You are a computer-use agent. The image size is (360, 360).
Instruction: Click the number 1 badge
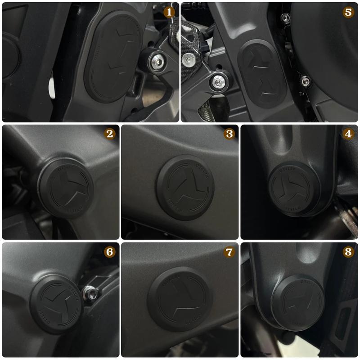[170, 12]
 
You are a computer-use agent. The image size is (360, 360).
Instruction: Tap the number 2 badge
[109, 134]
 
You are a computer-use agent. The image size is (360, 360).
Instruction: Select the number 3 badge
[229, 134]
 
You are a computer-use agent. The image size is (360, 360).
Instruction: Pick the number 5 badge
[348, 12]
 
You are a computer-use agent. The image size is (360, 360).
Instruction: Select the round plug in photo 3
[185, 188]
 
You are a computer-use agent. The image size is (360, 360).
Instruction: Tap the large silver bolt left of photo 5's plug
[218, 82]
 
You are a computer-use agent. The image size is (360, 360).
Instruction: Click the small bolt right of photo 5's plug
[306, 81]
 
